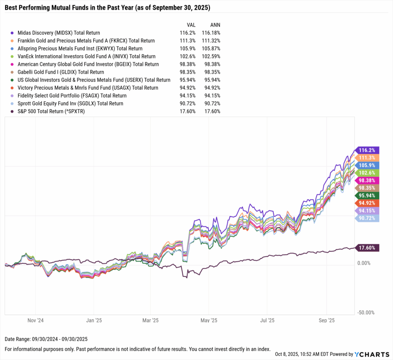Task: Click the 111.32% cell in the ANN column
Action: [210, 41]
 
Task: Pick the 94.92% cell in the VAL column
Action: [188, 88]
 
